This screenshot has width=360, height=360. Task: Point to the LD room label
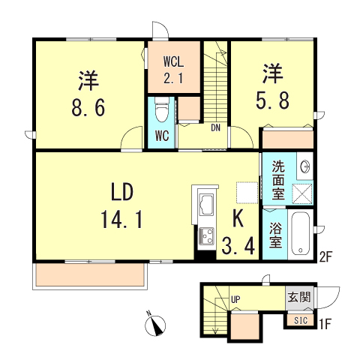click(118, 193)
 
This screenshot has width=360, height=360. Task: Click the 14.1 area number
click(117, 220)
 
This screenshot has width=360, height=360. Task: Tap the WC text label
click(161, 136)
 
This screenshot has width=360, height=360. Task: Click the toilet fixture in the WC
click(160, 110)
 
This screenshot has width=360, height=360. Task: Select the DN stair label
click(215, 127)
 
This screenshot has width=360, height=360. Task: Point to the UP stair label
click(235, 300)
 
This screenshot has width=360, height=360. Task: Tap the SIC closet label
click(300, 320)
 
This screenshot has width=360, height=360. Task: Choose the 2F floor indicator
click(324, 256)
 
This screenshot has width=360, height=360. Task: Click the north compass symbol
click(156, 324)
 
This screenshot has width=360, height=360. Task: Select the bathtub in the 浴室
click(298, 234)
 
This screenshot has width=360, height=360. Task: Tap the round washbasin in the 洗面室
click(304, 166)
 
